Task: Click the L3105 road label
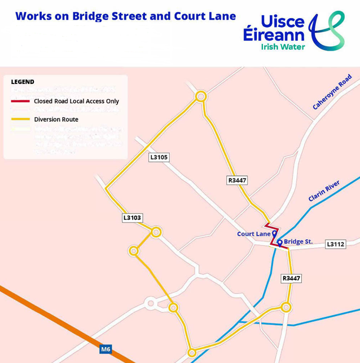(159, 157)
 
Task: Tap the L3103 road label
(132, 218)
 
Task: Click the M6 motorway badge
(106, 349)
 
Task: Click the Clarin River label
(324, 191)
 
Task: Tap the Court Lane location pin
(274, 233)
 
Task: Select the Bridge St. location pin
(280, 243)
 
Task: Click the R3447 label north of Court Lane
(237, 180)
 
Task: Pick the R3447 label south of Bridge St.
(291, 278)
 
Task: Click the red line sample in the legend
(20, 101)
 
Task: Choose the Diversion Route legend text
(56, 119)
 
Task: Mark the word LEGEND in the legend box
(23, 82)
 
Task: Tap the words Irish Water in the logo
(282, 47)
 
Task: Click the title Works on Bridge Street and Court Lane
(125, 16)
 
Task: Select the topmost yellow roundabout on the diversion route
(200, 97)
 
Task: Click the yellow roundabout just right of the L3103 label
(156, 232)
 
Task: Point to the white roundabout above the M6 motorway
(150, 304)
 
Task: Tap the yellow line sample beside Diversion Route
(20, 119)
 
